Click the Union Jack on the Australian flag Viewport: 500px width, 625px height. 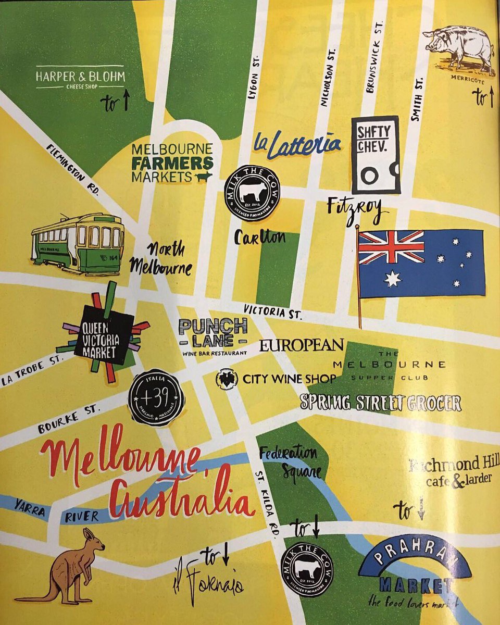pos(391,247)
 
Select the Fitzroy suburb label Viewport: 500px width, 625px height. pos(357,208)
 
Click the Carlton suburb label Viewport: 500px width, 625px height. pos(260,237)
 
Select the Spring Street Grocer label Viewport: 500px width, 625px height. pos(381,403)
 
